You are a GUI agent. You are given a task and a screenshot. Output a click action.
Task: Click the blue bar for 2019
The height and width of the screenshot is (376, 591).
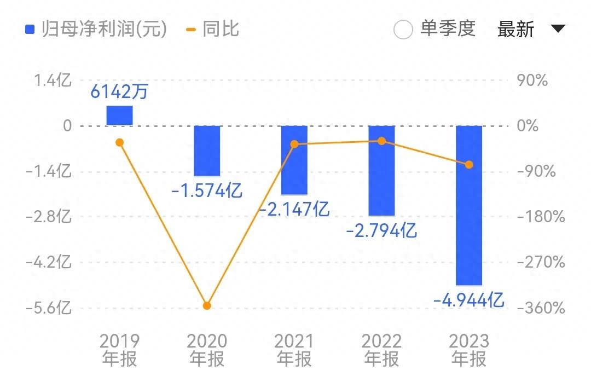tap(119, 115)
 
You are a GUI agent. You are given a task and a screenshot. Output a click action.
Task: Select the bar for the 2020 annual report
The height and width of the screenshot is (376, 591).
tap(207, 151)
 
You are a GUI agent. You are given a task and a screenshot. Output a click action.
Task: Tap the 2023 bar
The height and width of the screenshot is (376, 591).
tap(469, 205)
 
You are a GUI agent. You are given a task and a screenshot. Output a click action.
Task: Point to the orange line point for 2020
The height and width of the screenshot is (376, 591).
tap(207, 305)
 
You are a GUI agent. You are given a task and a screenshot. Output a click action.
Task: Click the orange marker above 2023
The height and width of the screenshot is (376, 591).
tap(469, 164)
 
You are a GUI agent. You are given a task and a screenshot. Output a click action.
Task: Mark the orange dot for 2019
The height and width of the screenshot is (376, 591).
tap(120, 142)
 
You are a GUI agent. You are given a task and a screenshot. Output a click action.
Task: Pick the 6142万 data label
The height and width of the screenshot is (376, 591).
tap(119, 92)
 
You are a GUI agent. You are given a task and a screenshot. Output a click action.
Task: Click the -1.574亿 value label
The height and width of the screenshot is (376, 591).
tap(207, 191)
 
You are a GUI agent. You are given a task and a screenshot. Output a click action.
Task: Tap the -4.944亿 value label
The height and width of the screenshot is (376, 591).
tap(468, 300)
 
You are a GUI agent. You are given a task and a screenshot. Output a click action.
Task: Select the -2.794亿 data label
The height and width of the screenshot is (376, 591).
tap(381, 230)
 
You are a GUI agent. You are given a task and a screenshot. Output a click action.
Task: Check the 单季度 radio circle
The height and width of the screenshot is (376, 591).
tap(403, 30)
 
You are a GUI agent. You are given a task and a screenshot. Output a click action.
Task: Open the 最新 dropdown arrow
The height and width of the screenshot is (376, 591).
tap(558, 28)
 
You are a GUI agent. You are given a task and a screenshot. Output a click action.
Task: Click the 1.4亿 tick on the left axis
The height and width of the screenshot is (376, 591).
tap(53, 80)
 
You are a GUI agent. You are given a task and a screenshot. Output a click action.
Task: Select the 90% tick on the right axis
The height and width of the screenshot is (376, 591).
tap(532, 81)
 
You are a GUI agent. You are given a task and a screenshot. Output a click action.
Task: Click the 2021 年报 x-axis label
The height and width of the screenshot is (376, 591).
tap(294, 350)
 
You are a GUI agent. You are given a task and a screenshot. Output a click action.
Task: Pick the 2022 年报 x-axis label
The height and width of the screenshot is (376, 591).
tap(381, 350)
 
